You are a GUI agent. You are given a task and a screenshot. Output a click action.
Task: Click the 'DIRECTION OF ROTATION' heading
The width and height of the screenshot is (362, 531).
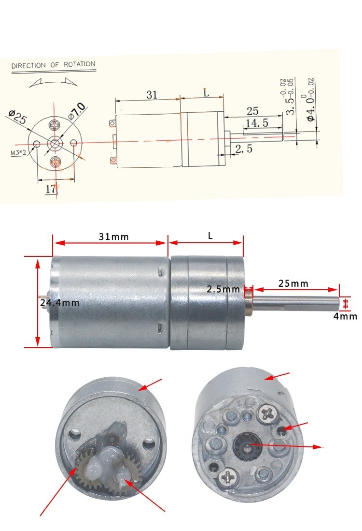(54, 65)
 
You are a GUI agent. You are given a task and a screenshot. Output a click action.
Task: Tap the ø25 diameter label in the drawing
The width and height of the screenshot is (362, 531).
(17, 117)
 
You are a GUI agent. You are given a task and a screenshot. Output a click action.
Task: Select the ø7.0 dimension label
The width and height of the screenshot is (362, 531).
(77, 111)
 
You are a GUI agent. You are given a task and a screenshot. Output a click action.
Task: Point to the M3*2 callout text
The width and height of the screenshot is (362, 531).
(18, 153)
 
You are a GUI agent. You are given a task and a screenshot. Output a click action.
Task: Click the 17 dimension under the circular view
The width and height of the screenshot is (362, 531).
(51, 189)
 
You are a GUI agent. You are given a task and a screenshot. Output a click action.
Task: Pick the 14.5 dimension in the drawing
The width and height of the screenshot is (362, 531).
(257, 123)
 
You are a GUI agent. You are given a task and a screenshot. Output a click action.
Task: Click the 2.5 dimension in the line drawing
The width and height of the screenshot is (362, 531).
(244, 148)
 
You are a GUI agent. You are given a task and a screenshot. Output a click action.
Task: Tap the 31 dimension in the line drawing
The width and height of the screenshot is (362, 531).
(152, 94)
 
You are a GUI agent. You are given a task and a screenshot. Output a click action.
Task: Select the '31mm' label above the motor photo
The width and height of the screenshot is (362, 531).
(114, 236)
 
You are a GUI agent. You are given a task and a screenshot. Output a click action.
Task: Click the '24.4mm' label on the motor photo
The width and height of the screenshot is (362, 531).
(59, 302)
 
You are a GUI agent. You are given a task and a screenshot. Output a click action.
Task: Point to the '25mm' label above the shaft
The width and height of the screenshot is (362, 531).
(293, 283)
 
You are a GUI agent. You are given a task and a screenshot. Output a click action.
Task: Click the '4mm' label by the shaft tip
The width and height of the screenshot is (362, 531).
(345, 316)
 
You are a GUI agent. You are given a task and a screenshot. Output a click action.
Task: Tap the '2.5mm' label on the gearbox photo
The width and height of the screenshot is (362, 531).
(223, 289)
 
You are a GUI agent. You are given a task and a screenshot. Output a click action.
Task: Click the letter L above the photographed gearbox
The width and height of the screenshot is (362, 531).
(210, 236)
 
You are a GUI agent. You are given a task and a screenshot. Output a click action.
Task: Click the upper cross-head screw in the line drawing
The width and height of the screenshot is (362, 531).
(55, 126)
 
